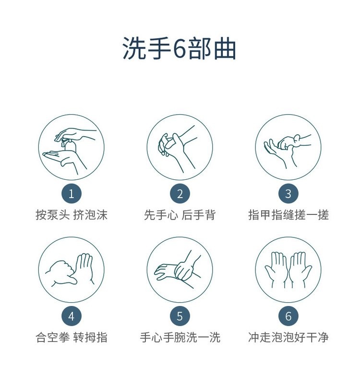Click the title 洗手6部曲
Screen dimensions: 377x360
click(180, 49)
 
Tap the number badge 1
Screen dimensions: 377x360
click(72, 194)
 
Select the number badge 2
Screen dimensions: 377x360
click(180, 194)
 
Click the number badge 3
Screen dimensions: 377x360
click(288, 194)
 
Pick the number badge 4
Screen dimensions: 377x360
click(72, 317)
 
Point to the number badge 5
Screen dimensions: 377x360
click(180, 317)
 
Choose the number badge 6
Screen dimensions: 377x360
click(288, 317)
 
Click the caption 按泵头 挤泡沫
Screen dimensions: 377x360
click(72, 215)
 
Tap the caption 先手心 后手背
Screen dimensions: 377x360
click(180, 215)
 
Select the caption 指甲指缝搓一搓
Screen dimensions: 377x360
click(288, 215)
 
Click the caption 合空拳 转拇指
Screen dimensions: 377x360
click(72, 338)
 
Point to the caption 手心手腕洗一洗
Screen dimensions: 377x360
click(180, 338)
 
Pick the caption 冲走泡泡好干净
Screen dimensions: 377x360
click(288, 338)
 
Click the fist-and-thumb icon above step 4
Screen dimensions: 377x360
click(72, 270)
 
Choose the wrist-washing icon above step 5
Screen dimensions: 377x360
click(180, 270)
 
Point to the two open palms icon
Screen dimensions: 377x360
click(288, 270)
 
